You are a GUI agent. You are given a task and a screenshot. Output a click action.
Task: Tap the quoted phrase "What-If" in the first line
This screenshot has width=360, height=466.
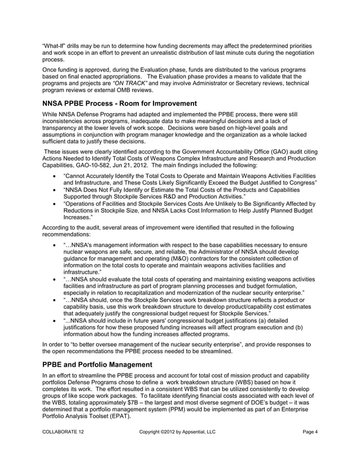click(53, 45)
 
